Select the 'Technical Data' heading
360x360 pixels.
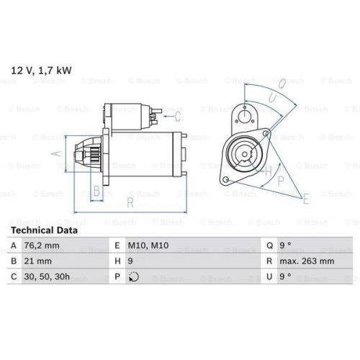pos(42,230)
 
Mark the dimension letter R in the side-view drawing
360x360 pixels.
pos(130,203)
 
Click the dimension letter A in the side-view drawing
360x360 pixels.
pos(59,153)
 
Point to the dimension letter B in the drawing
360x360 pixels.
pos(96,192)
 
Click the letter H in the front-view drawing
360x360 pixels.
pos(268,171)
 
